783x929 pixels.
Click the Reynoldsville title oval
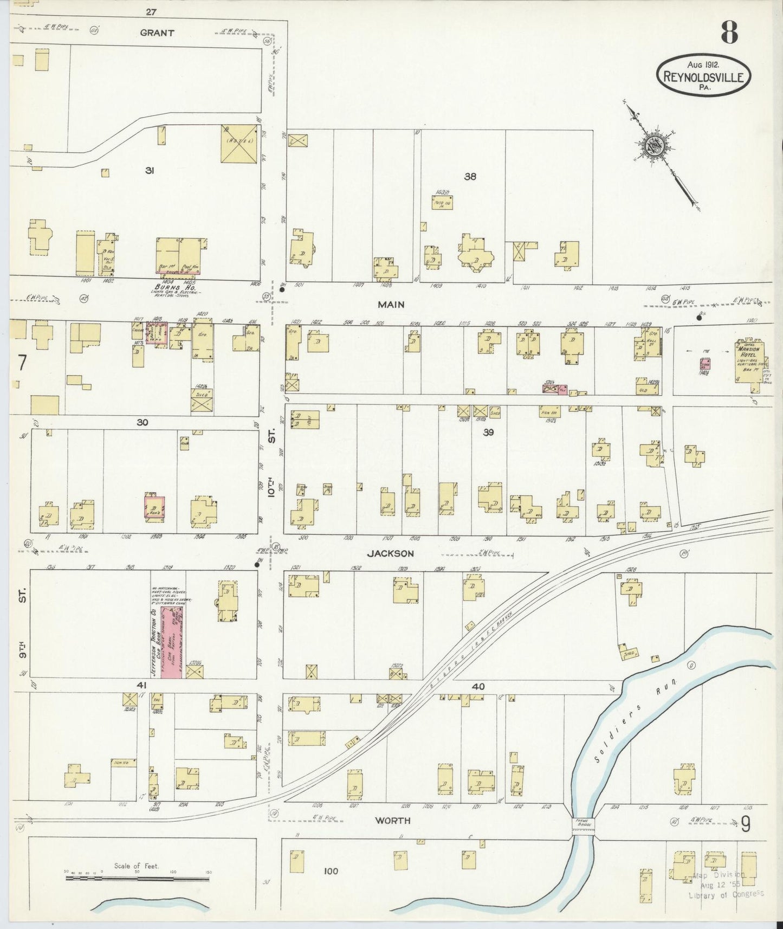pos(704,76)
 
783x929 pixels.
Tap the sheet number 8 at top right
pos(728,34)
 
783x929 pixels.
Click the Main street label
pos(391,305)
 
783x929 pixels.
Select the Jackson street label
pos(390,553)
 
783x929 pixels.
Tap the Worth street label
pos(393,821)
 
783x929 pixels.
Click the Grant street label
pos(157,33)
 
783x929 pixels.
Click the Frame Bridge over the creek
pos(583,824)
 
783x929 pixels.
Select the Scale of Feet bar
pos(138,876)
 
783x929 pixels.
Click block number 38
pos(470,176)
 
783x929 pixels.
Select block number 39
pos(488,432)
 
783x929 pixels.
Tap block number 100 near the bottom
pos(331,871)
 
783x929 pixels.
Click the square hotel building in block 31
pos(239,144)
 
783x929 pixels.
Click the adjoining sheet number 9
pos(746,824)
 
